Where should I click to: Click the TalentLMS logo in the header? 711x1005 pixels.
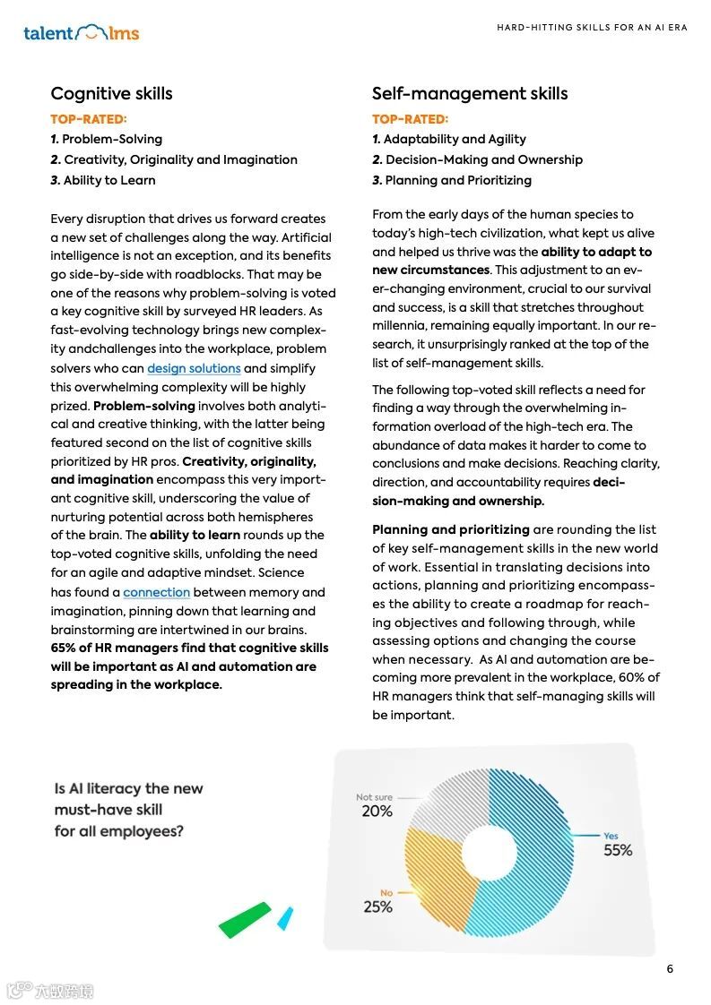coord(82,33)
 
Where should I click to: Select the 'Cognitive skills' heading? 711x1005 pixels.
coord(111,93)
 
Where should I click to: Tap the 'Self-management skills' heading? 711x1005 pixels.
coord(469,93)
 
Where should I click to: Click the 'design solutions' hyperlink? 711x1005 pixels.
coord(194,368)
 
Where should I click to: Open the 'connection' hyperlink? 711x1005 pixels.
coord(156,592)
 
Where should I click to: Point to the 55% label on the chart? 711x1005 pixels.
coord(618,850)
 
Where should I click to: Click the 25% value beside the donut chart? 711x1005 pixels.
coord(377,906)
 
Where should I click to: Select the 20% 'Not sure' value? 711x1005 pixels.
coord(377,811)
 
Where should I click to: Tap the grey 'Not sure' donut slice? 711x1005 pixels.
coord(448,802)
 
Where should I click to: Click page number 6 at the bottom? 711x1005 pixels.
coord(670,969)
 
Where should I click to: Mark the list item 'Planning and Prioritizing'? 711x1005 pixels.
coord(452,180)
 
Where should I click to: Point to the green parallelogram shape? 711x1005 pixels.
coord(244,920)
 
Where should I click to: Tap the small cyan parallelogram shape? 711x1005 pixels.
coord(285,918)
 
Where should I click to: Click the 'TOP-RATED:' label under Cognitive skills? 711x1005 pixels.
coord(89,118)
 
